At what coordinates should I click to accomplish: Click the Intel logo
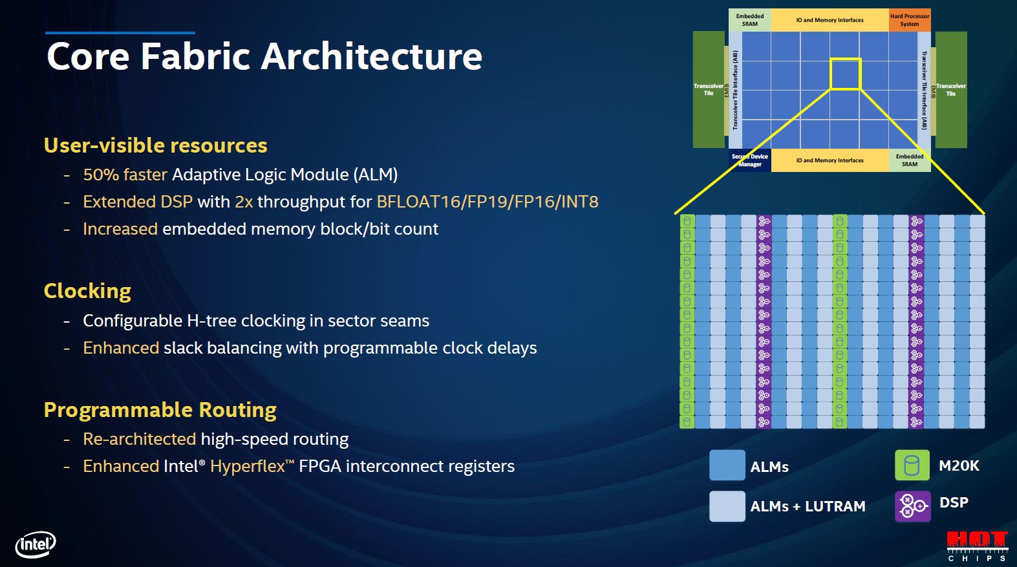[x=36, y=544]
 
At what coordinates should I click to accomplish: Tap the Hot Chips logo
[x=977, y=546]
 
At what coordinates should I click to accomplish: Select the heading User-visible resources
[x=155, y=145]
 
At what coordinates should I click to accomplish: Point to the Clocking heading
[x=87, y=291]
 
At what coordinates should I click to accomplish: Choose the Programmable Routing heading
[x=160, y=410]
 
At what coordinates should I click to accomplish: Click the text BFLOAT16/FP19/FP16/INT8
[x=487, y=202]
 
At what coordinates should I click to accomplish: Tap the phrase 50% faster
[x=125, y=175]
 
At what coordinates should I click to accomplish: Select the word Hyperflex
[x=248, y=466]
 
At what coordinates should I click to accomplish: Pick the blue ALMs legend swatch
[x=727, y=465]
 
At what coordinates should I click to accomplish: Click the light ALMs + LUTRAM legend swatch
[x=727, y=506]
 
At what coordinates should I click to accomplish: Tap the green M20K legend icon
[x=912, y=465]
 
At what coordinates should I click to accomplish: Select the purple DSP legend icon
[x=912, y=506]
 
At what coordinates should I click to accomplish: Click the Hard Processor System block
[x=909, y=20]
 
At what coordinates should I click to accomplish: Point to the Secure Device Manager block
[x=749, y=160]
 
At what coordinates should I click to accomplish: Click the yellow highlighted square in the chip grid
[x=845, y=74]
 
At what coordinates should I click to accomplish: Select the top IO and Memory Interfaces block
[x=830, y=20]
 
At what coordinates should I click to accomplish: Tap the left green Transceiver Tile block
[x=709, y=90]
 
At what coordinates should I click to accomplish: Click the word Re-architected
[x=139, y=439]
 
